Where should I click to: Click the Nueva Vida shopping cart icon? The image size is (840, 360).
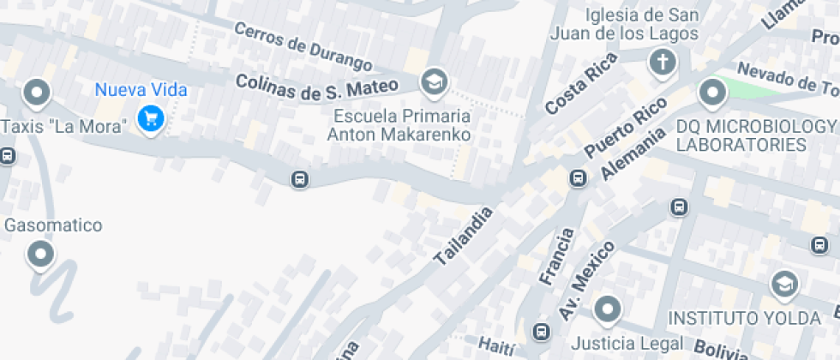click(x=152, y=117)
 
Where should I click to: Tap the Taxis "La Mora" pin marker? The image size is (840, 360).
click(x=37, y=92)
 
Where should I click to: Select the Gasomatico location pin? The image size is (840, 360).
click(x=40, y=253)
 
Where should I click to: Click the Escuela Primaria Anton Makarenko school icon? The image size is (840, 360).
click(x=434, y=82)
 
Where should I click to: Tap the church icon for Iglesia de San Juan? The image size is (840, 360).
click(x=662, y=62)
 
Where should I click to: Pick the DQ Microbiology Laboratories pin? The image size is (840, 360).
click(x=712, y=92)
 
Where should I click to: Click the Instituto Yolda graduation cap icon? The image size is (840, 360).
click(x=783, y=285)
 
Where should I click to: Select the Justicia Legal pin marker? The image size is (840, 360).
click(x=608, y=309)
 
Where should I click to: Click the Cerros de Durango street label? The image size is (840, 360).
click(x=303, y=47)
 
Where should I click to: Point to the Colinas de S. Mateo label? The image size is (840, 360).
click(x=317, y=85)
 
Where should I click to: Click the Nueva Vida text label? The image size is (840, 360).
click(x=141, y=89)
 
